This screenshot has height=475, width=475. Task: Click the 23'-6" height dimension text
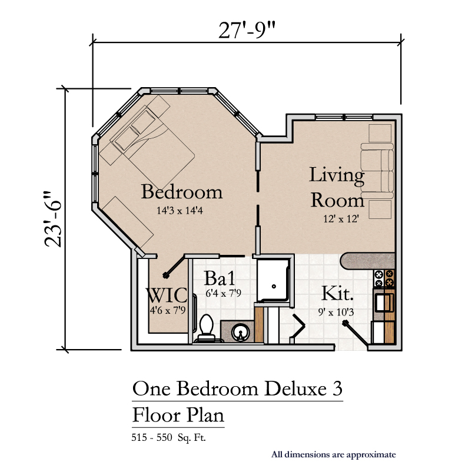coord(53,219)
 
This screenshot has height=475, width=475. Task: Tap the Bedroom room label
coord(182,192)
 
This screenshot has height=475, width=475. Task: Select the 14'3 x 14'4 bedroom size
coord(180,210)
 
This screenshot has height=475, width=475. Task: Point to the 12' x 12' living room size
coord(341,218)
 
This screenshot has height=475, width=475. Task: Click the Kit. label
coord(337,293)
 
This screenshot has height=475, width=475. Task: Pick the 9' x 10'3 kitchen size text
coord(336,312)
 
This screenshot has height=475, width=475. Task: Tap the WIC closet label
coord(167,295)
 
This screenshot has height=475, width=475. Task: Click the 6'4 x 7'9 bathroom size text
coord(223,293)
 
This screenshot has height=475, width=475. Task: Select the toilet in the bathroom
coord(207,328)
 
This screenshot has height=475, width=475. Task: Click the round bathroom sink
coord(241,333)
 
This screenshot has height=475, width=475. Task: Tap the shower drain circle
coord(274,286)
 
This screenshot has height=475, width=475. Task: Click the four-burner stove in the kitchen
coord(384,278)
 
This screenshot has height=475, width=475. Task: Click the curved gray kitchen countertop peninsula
coord(367,261)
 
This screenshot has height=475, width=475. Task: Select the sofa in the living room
coord(377,171)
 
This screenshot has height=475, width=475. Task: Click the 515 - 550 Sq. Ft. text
coord(168,437)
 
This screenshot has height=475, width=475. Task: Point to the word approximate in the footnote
coord(371,455)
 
